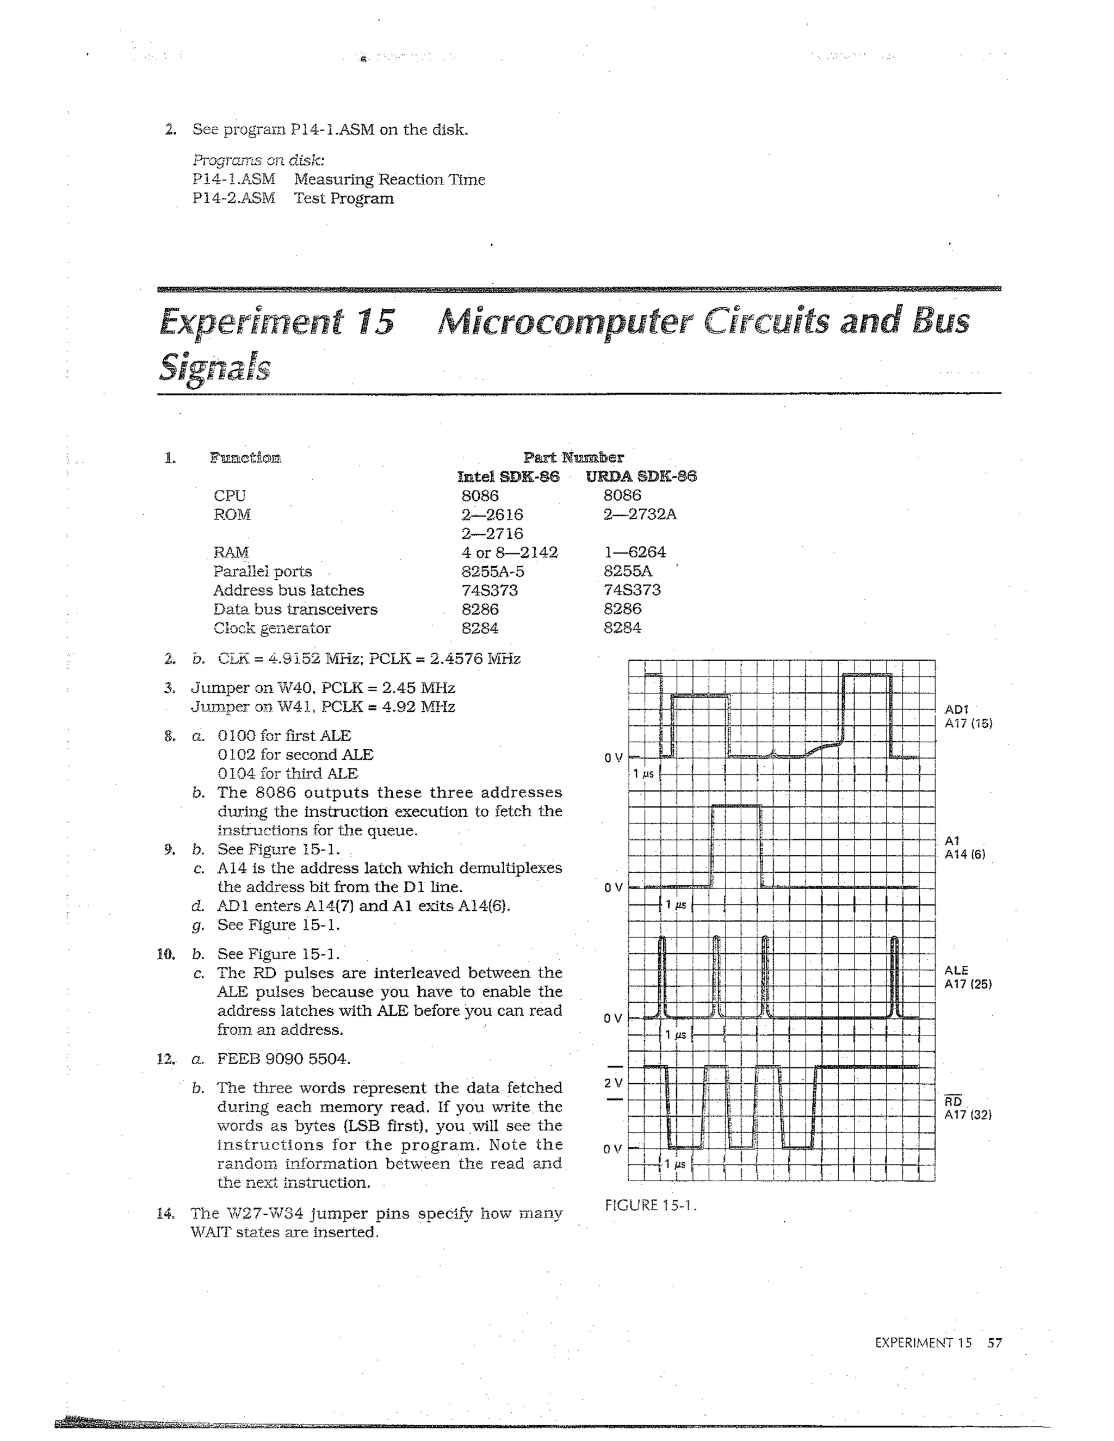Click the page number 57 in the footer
point(994,1343)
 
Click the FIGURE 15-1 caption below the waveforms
point(650,1206)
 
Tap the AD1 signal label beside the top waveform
point(956,709)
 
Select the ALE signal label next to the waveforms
point(956,970)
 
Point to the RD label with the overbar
point(954,1102)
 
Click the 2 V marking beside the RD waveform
point(613,1083)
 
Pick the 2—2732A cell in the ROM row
point(640,514)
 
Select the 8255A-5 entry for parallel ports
point(493,571)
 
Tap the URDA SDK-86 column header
point(641,476)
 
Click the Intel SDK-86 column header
point(508,476)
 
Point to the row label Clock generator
point(272,628)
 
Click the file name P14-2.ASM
point(233,198)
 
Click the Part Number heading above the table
point(573,457)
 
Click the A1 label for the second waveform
point(952,841)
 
